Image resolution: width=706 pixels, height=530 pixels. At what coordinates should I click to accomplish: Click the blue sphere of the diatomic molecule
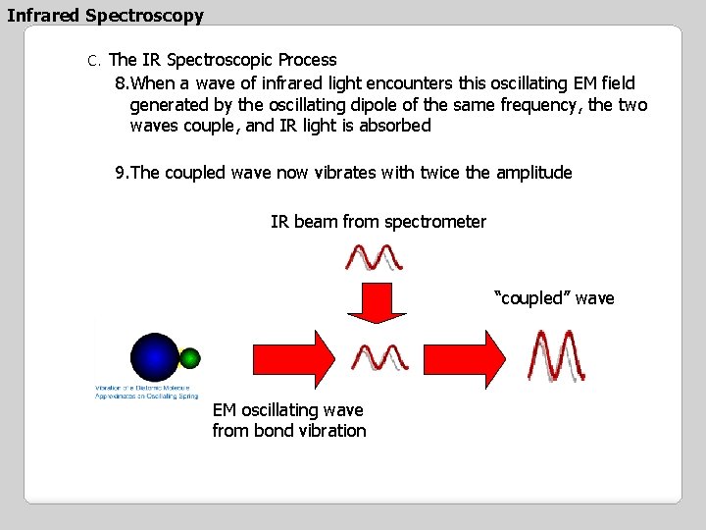pos(154,356)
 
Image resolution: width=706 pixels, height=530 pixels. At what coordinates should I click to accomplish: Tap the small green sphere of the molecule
pos(190,357)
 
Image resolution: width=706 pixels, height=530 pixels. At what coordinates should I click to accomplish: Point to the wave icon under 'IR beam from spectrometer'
pos(375,256)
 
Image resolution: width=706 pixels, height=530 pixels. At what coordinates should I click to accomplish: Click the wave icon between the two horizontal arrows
pos(380,358)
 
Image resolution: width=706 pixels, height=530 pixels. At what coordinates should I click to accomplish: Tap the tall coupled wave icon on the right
pos(556,355)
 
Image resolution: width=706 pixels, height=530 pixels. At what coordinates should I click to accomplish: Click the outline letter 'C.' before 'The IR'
pos(94,61)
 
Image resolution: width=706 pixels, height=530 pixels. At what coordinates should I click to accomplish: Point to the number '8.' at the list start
pos(123,83)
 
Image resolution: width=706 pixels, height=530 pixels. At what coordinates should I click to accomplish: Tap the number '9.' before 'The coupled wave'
pos(123,173)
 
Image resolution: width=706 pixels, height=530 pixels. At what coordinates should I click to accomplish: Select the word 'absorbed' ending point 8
pos(396,126)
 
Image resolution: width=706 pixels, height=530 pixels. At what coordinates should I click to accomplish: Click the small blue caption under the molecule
pos(147,392)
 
